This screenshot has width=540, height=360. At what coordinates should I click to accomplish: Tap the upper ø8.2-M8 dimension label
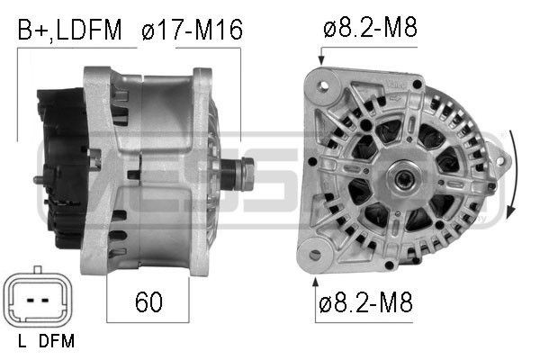click(369, 29)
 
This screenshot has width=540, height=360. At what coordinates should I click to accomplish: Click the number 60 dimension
click(148, 302)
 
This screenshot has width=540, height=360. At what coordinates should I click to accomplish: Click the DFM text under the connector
click(58, 341)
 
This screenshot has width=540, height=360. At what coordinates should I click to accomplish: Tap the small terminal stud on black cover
click(38, 180)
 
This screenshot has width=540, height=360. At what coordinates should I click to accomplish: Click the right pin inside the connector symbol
click(43, 299)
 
